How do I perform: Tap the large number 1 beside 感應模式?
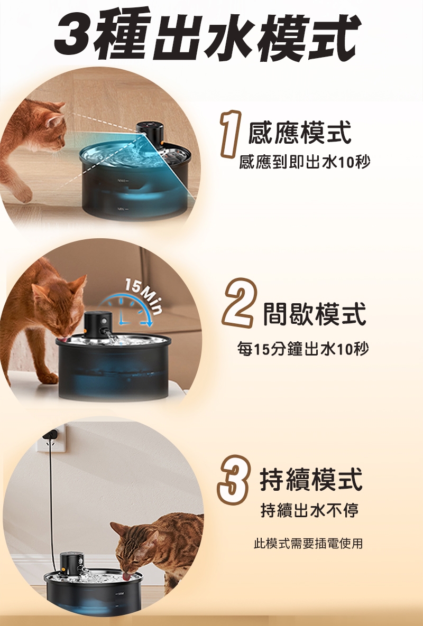coord(231,134)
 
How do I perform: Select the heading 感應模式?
coord(300,133)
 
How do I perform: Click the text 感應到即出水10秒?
coord(305,162)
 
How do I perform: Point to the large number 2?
coord(238,303)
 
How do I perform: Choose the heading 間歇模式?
coord(314,314)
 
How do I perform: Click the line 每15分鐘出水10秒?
coord(303,349)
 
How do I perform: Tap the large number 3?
coord(234,480)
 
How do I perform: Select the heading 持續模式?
coord(311,480)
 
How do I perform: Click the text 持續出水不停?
coord(309,510)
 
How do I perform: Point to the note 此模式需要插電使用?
coord(308,544)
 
